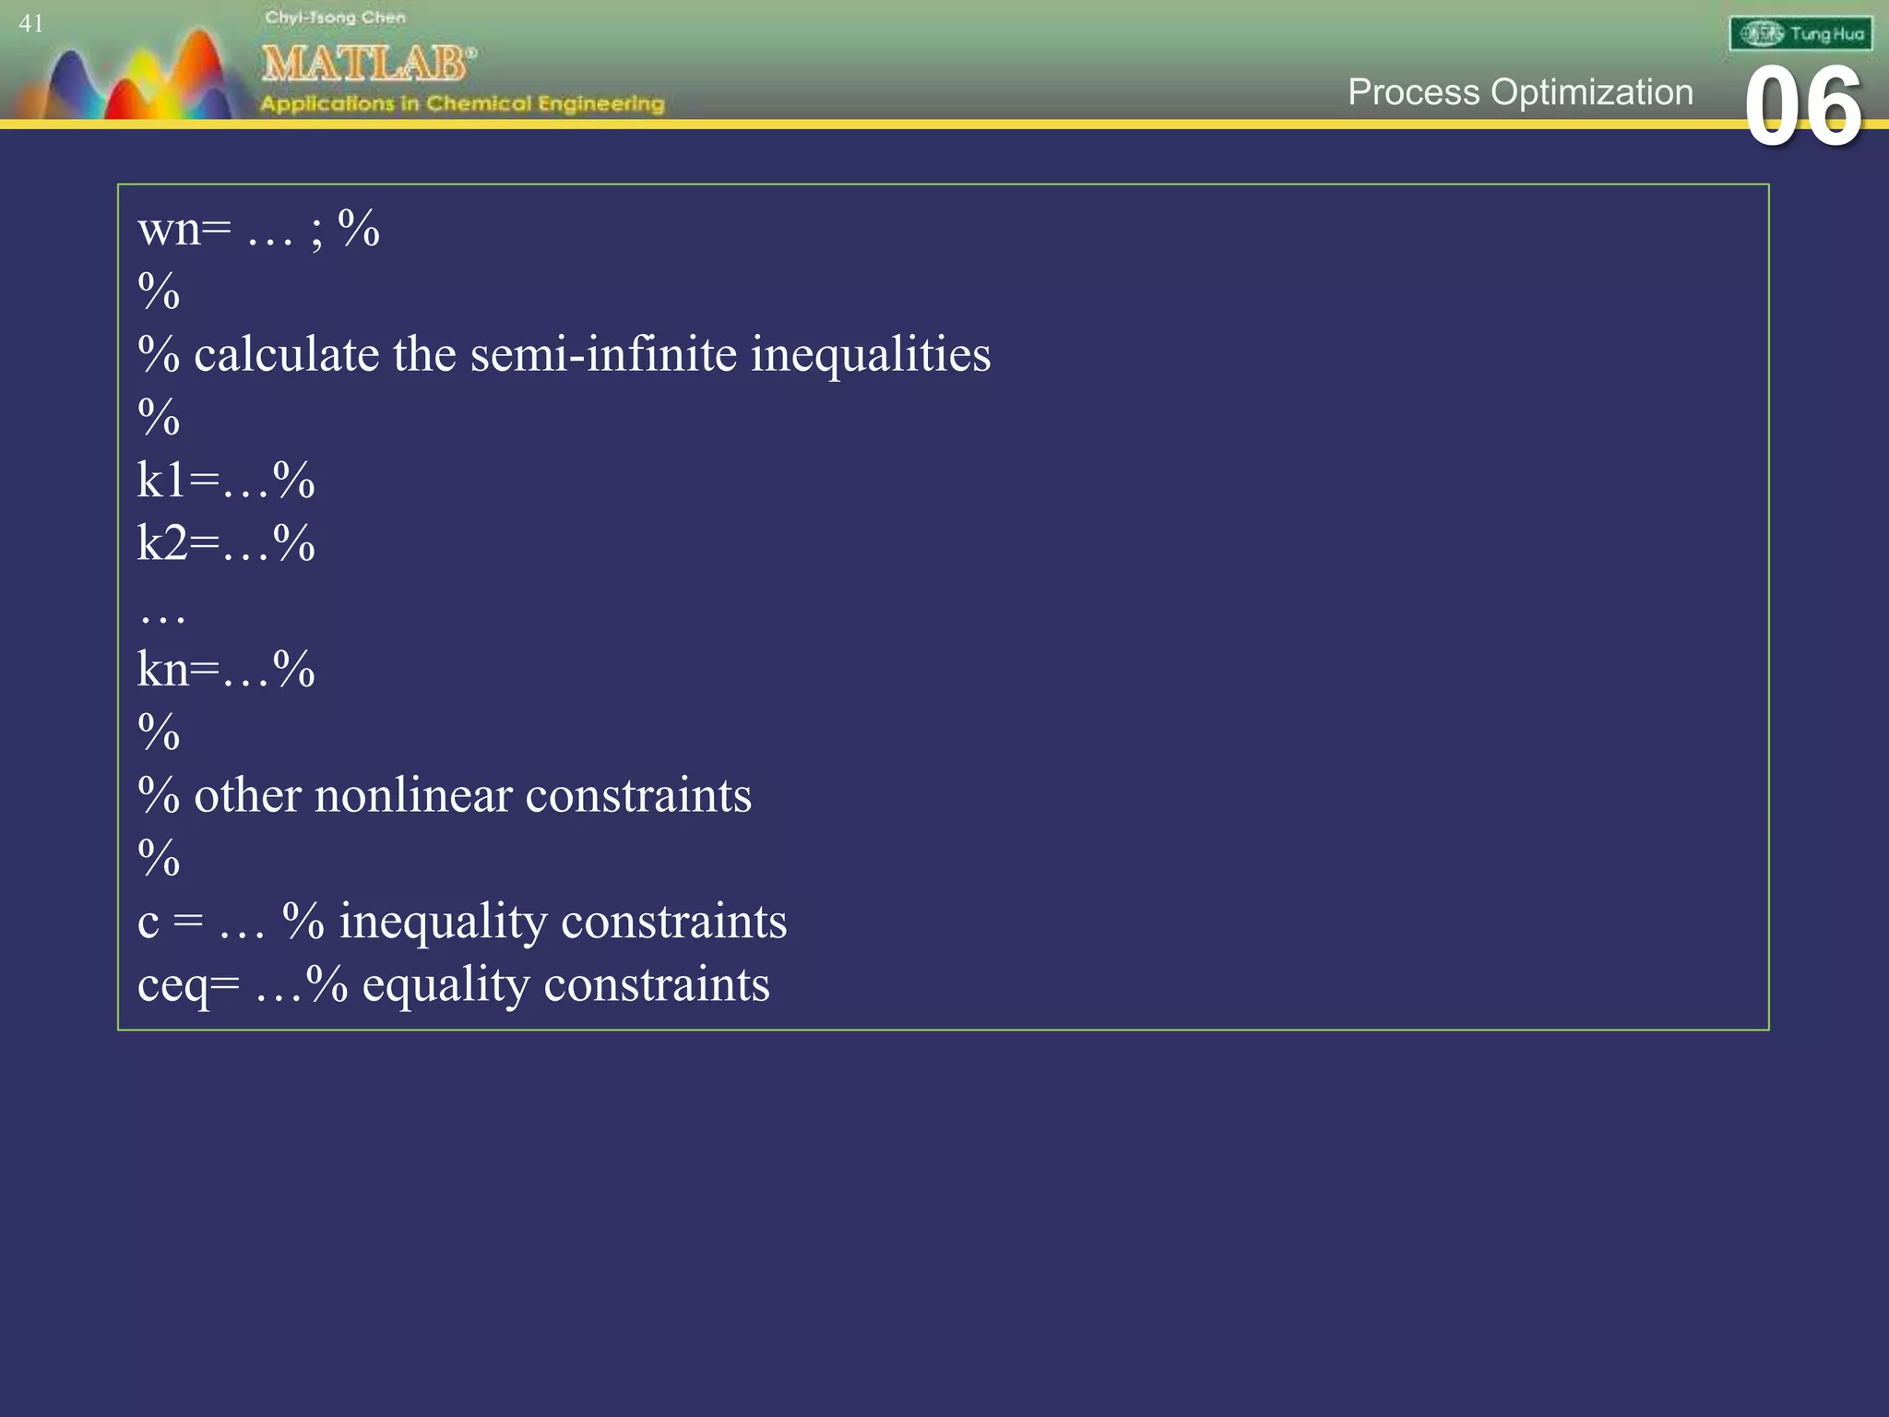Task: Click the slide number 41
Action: click(30, 24)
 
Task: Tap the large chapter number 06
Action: click(1802, 108)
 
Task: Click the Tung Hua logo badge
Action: click(1800, 34)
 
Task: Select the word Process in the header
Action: click(1413, 92)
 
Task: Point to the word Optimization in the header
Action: click(1592, 92)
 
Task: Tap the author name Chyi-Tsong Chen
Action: click(335, 18)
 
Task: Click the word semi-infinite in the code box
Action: click(602, 354)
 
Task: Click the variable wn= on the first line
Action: click(184, 229)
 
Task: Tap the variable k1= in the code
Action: click(178, 481)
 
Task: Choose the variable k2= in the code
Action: click(178, 543)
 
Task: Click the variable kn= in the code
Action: click(178, 669)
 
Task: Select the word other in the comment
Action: click(247, 795)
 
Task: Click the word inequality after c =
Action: click(443, 922)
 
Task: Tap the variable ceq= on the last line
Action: click(188, 984)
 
